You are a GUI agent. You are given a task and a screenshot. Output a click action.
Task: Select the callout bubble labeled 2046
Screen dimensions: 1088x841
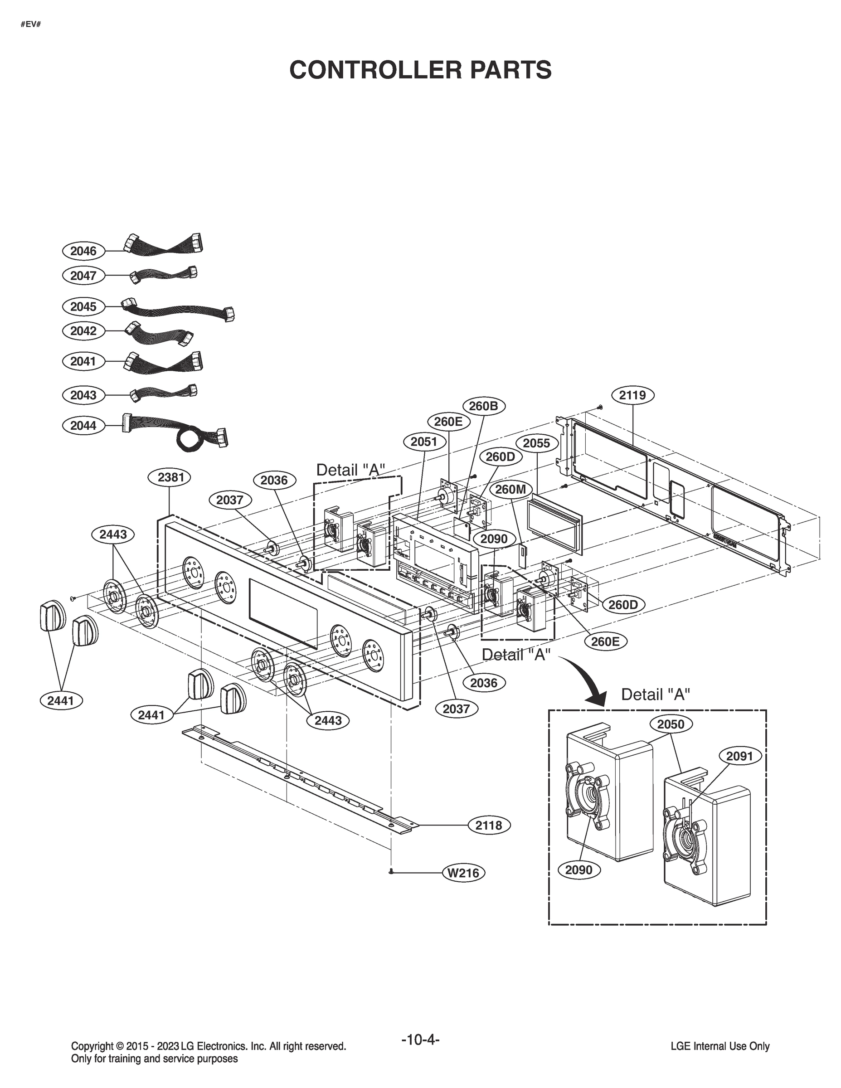pyautogui.click(x=83, y=251)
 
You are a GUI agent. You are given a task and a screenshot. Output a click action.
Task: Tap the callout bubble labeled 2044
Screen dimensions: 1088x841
pyautogui.click(x=83, y=425)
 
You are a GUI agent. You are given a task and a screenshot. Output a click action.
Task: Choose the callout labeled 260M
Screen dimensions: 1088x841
pyautogui.click(x=510, y=490)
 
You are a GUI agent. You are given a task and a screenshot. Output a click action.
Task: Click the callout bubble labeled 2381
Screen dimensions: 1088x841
pyautogui.click(x=171, y=477)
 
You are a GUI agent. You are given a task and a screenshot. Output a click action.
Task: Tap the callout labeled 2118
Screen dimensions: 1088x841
pyautogui.click(x=488, y=826)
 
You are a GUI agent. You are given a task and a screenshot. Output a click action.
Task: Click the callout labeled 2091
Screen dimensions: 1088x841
pyautogui.click(x=739, y=756)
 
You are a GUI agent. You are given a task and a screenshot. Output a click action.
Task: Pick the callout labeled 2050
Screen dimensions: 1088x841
pyautogui.click(x=671, y=724)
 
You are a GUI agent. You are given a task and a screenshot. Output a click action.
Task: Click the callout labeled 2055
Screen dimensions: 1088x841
pyautogui.click(x=536, y=443)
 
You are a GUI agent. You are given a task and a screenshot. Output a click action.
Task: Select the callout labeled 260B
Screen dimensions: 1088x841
pyautogui.click(x=484, y=406)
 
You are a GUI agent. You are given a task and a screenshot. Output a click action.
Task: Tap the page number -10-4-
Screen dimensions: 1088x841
pyautogui.click(x=420, y=1040)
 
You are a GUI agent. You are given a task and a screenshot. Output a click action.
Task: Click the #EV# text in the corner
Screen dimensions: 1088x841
pyautogui.click(x=30, y=24)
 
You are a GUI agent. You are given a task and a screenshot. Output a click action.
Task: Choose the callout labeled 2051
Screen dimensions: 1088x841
pyautogui.click(x=424, y=442)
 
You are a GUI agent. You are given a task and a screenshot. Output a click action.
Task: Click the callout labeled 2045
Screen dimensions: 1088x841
pyautogui.click(x=83, y=306)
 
